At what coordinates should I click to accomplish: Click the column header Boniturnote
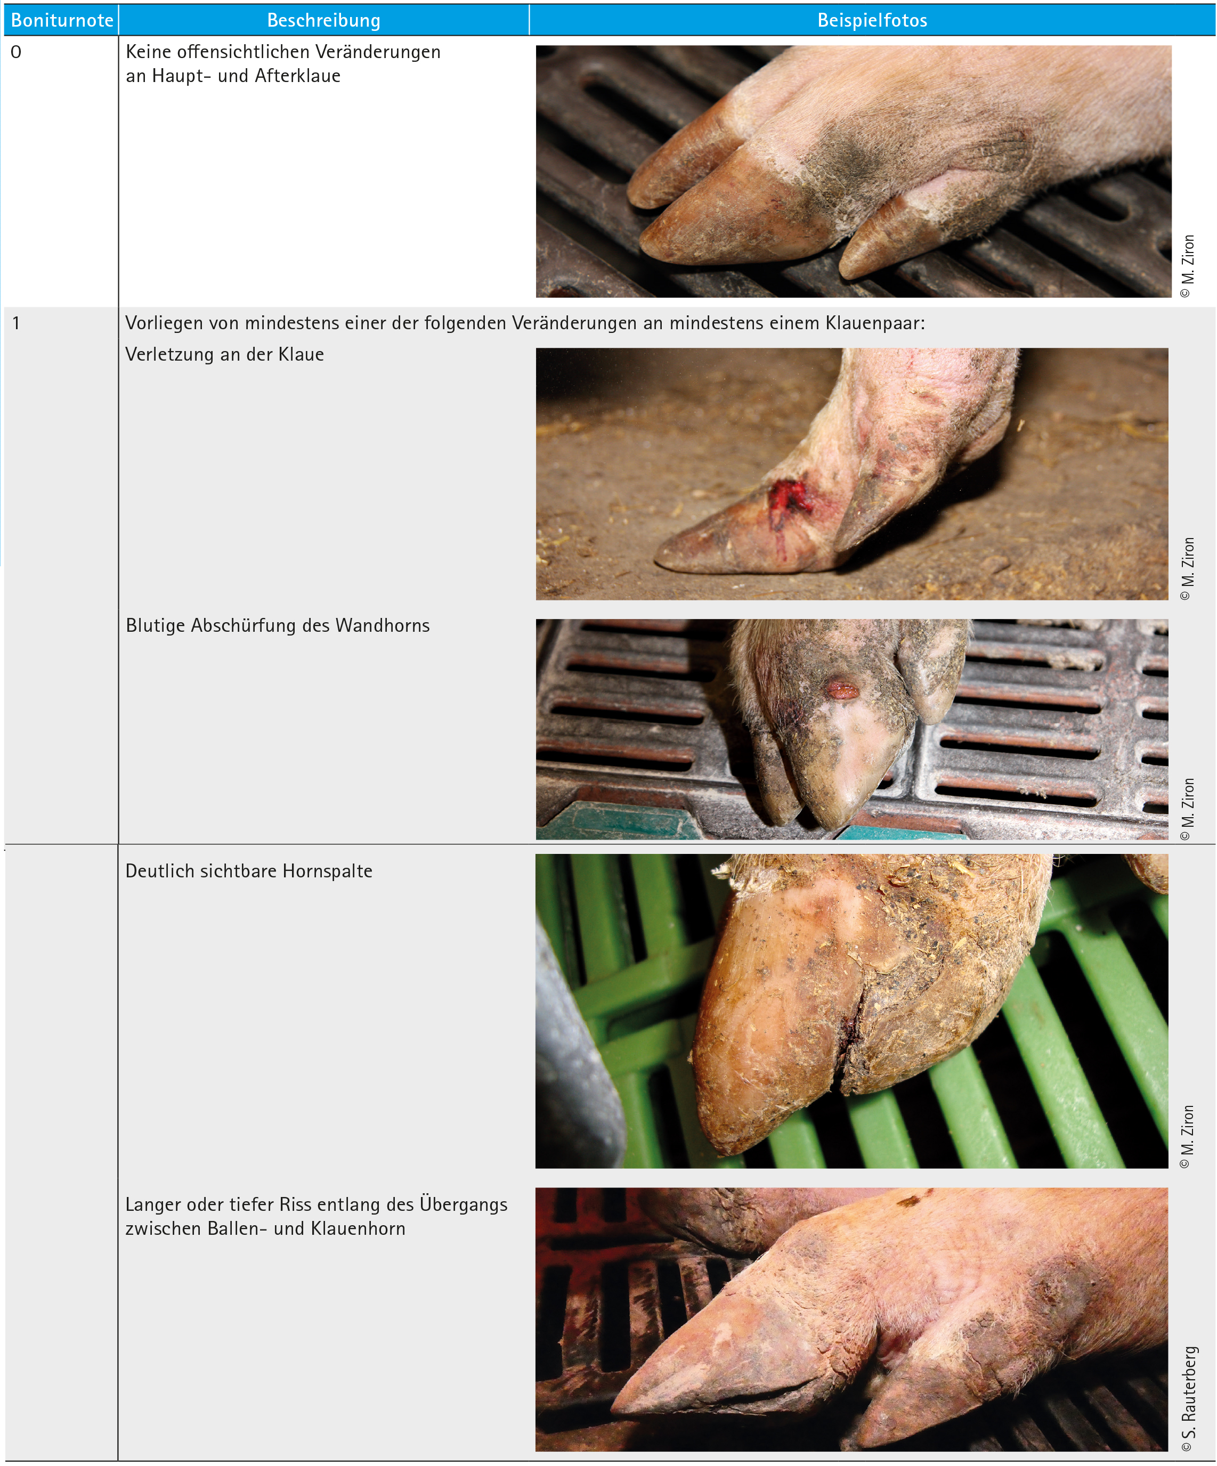(62, 20)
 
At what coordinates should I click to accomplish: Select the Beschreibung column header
(324, 20)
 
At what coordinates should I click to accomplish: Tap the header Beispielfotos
(872, 20)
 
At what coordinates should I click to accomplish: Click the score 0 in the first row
(16, 52)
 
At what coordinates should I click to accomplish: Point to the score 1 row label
(16, 323)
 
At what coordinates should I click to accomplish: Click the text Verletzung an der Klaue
(225, 355)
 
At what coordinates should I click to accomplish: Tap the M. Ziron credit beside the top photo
(1188, 266)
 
